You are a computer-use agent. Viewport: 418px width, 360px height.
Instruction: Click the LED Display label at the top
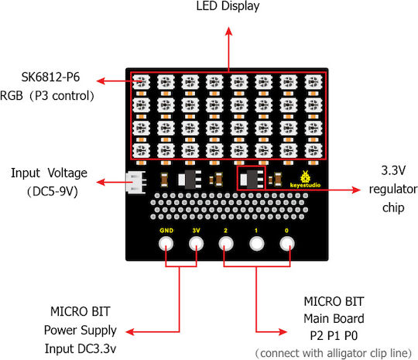228,6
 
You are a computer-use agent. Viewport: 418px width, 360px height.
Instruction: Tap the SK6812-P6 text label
50,77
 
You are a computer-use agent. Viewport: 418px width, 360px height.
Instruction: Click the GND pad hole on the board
166,243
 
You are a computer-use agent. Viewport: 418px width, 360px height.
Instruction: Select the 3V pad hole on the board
196,243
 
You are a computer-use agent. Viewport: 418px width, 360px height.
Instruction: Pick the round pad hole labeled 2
226,243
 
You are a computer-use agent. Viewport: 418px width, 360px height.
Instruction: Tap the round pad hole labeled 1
257,243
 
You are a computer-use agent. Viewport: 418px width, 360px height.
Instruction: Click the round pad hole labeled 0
287,243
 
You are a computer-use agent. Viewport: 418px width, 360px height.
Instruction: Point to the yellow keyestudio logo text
305,185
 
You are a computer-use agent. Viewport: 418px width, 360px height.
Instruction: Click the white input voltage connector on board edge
136,182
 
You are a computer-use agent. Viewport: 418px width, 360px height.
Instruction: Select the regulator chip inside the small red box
252,179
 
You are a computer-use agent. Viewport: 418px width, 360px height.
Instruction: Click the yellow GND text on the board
166,231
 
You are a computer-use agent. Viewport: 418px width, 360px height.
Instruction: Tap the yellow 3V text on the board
196,231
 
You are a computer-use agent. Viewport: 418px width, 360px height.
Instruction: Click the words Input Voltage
49,173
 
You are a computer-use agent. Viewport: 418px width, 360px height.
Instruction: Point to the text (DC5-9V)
53,191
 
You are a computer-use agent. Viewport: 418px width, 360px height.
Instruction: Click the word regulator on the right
393,189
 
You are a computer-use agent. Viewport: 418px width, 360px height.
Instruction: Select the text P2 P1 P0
334,336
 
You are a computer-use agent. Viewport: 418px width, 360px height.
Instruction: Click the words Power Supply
81,331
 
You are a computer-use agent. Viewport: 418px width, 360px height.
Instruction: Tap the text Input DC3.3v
81,348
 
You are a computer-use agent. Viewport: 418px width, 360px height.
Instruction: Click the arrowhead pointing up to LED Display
228,31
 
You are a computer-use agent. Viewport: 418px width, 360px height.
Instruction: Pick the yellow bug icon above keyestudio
305,177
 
